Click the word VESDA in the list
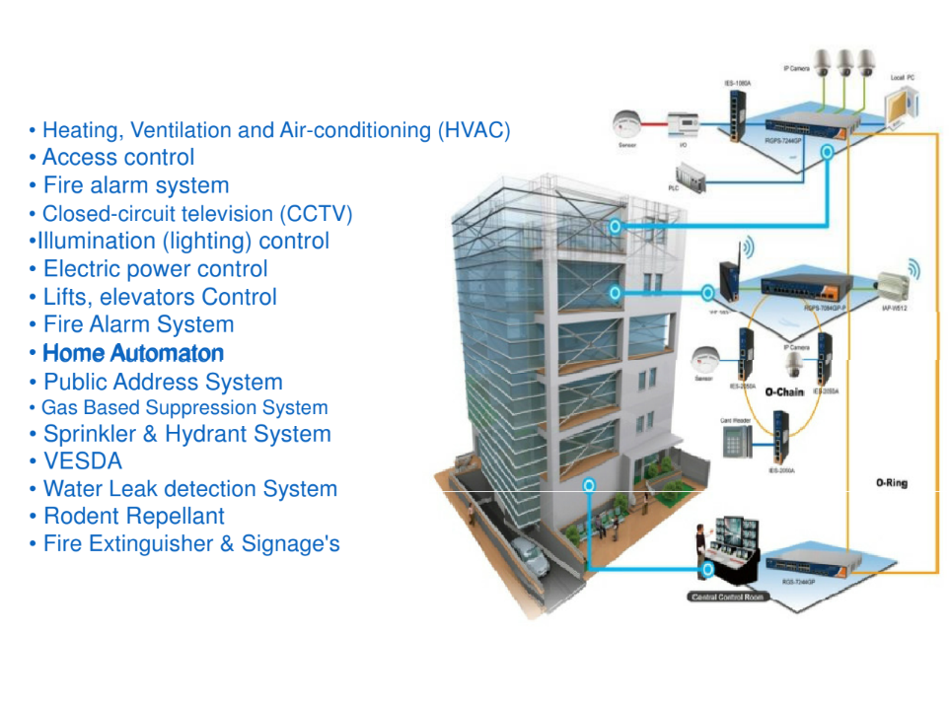pos(83,461)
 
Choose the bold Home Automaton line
pos(133,353)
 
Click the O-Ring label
pos(891,483)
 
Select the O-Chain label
pos(784,392)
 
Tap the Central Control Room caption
pos(729,598)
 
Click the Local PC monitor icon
pos(899,106)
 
